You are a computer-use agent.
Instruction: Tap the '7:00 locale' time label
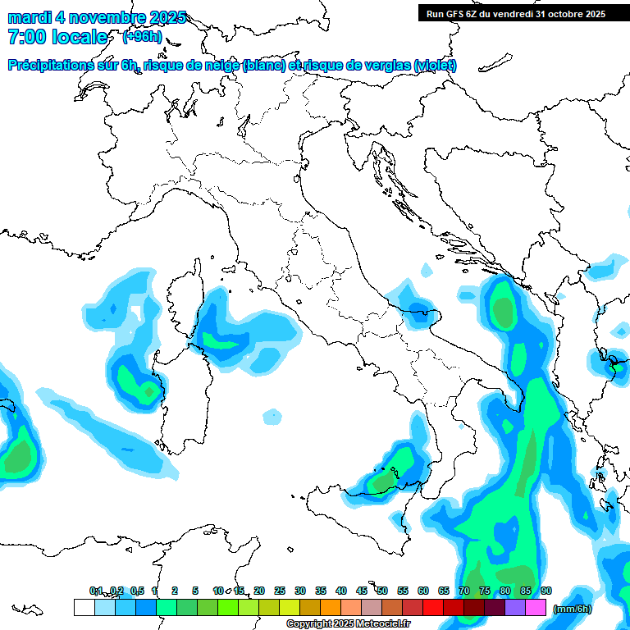coord(57,37)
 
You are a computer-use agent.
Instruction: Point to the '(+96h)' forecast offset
coord(142,37)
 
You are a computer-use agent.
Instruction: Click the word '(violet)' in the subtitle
coord(435,66)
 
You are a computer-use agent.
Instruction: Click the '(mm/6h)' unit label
coord(572,609)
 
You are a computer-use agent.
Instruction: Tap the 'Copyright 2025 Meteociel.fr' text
coord(348,624)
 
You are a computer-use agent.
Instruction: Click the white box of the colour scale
coord(84,607)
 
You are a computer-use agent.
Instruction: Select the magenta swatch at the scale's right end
coord(536,607)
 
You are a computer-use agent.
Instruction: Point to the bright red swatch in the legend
coord(433,607)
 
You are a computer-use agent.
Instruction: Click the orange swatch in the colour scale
coord(331,607)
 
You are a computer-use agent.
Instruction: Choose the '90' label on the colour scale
coord(546,591)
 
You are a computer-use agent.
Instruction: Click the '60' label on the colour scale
coord(423,591)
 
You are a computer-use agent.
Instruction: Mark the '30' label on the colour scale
coord(300,591)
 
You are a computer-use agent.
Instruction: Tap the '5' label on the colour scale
coord(195,591)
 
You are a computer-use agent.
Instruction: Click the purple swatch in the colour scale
coord(515,607)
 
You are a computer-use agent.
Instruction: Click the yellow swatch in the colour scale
coord(290,607)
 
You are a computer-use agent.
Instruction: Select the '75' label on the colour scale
coord(485,591)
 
